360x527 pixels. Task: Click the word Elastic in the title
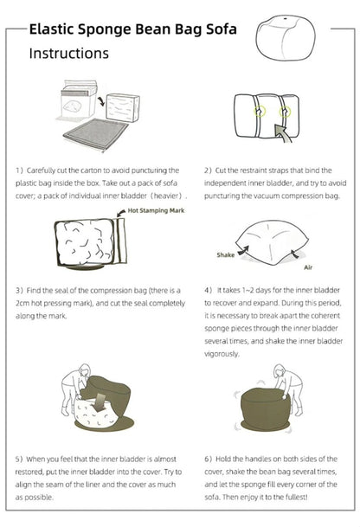[x=51, y=29]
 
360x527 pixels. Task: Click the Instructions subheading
[x=69, y=54]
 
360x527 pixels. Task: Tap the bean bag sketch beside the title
[x=286, y=37]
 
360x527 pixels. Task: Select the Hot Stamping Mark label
[x=156, y=211]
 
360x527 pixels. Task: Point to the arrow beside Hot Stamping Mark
[x=120, y=213]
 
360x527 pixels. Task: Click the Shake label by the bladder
[x=226, y=254]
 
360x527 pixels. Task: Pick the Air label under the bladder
[x=308, y=267]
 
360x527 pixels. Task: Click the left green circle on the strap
[x=260, y=112]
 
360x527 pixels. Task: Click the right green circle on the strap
[x=285, y=112]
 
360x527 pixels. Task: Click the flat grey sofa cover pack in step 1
[x=95, y=134]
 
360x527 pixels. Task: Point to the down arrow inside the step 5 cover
[x=99, y=402]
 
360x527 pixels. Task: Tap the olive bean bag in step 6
[x=266, y=409]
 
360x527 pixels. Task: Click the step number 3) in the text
[x=20, y=291]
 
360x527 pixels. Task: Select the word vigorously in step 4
[x=222, y=354]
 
